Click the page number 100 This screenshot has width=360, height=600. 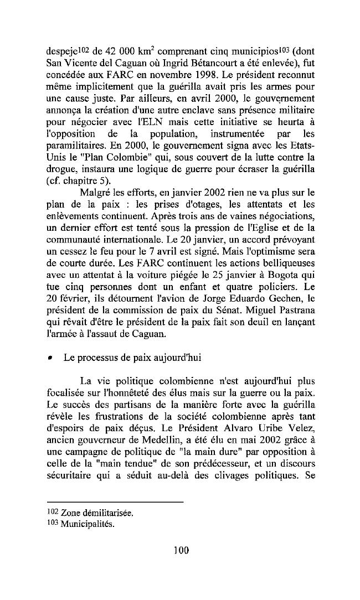coord(181,550)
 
